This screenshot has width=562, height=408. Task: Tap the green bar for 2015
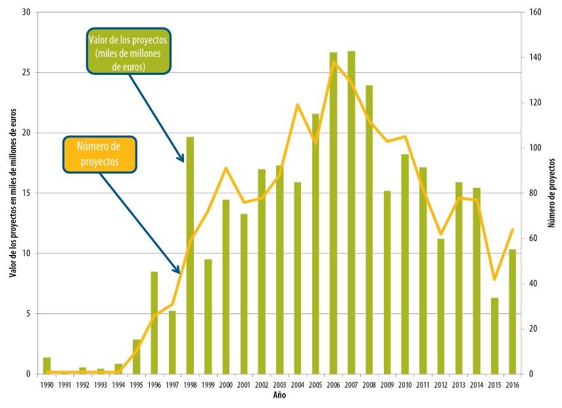click(x=494, y=336)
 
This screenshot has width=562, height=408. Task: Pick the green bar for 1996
click(x=154, y=323)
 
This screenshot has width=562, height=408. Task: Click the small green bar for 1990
click(x=47, y=366)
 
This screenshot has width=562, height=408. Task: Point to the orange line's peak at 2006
click(x=333, y=62)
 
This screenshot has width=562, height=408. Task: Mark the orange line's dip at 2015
click(x=494, y=280)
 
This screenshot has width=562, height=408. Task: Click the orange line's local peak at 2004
click(x=298, y=104)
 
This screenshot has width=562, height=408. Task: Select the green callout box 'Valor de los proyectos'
click(x=128, y=51)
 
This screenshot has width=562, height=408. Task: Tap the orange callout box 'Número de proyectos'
click(x=99, y=154)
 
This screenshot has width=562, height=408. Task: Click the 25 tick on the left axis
click(x=28, y=73)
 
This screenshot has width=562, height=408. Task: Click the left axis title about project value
click(x=12, y=193)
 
